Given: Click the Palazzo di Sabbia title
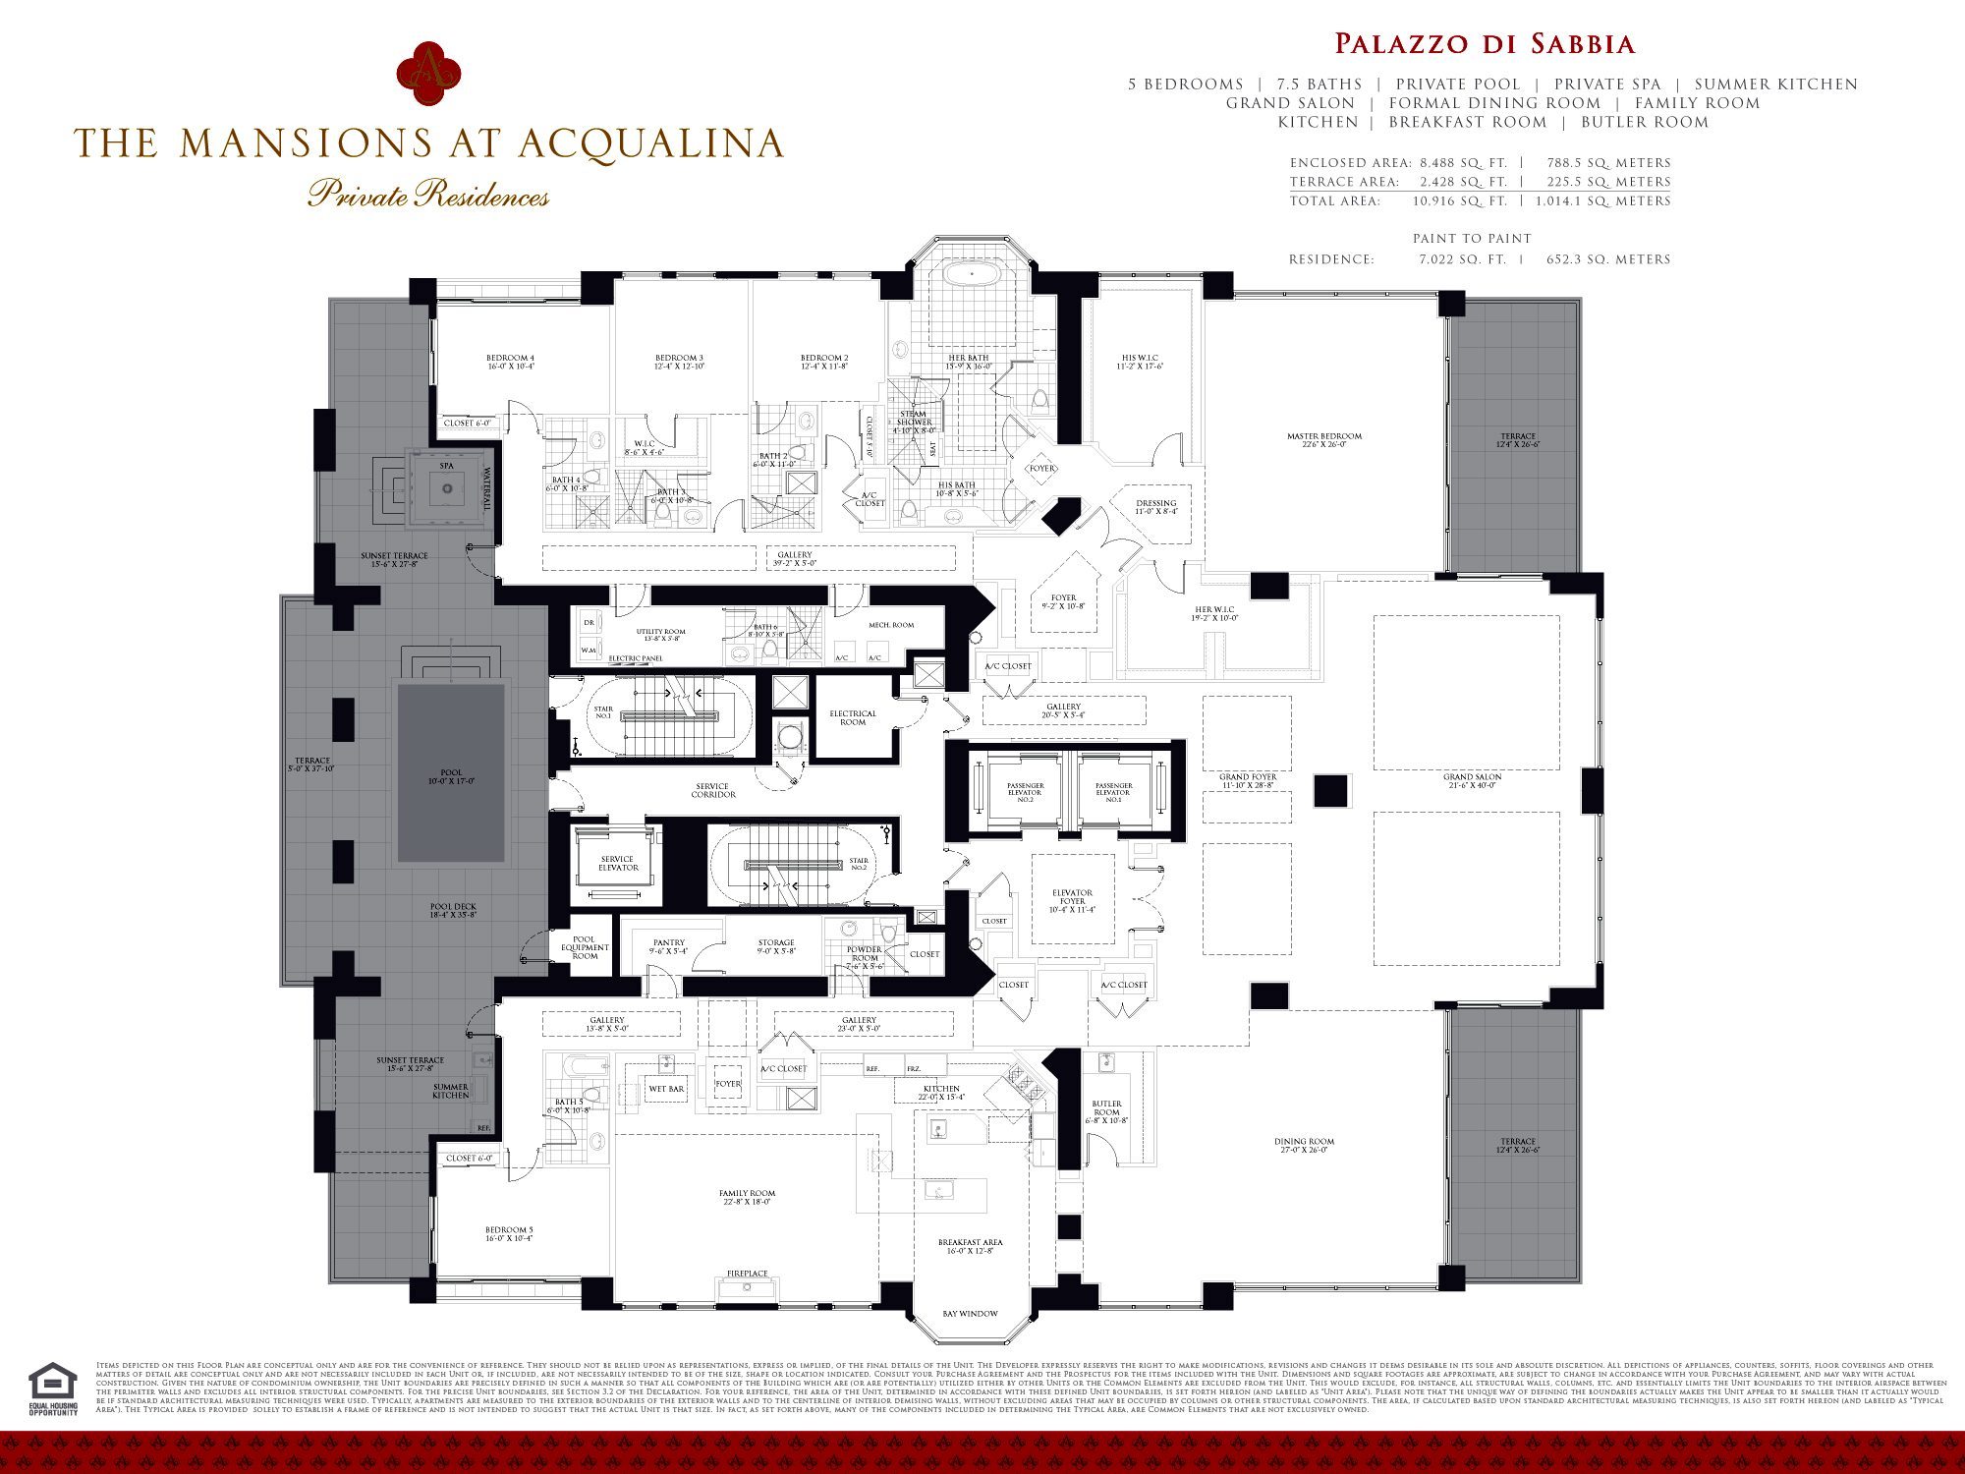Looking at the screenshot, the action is point(1484,44).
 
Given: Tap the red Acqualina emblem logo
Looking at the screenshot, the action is point(428,74).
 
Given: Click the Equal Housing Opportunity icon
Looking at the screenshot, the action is point(53,1387).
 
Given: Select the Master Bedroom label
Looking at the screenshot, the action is point(1324,440).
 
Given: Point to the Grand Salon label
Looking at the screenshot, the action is point(1472,781).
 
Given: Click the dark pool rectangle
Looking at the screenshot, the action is point(451,773).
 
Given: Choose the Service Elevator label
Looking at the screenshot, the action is point(618,864).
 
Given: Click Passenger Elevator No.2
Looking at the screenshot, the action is point(1025,792).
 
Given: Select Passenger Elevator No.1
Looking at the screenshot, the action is point(1113,792).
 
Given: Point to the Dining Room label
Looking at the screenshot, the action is point(1304,1146).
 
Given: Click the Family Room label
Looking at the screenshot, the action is point(747,1197).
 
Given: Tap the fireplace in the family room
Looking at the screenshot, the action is point(748,1286).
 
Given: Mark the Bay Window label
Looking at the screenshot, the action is point(970,1314).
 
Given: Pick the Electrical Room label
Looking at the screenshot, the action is point(853,718).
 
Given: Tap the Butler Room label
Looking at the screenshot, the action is point(1106,1111).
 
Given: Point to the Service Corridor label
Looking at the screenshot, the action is point(712,790).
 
